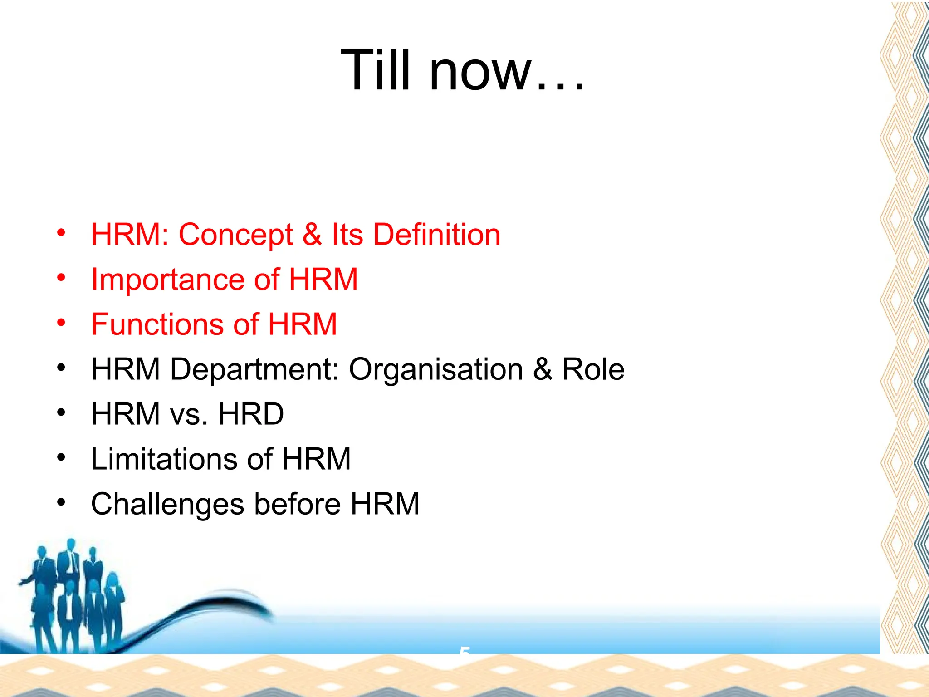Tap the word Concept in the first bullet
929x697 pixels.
235,235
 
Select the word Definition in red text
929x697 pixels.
436,235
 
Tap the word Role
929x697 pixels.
593,369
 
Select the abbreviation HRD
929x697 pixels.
251,414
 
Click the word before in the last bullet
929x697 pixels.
297,504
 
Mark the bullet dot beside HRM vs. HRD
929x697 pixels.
61,412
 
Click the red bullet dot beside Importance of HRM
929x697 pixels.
61,277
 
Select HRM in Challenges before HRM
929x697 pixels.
385,504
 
